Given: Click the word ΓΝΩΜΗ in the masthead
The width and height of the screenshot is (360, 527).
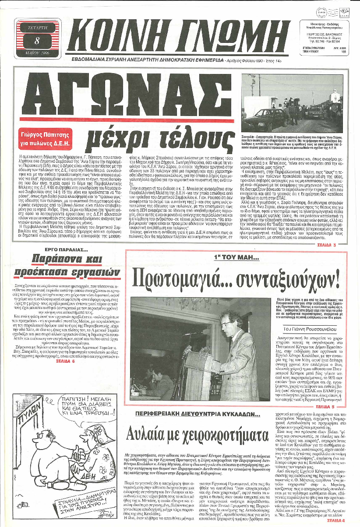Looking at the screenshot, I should coord(223,37).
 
